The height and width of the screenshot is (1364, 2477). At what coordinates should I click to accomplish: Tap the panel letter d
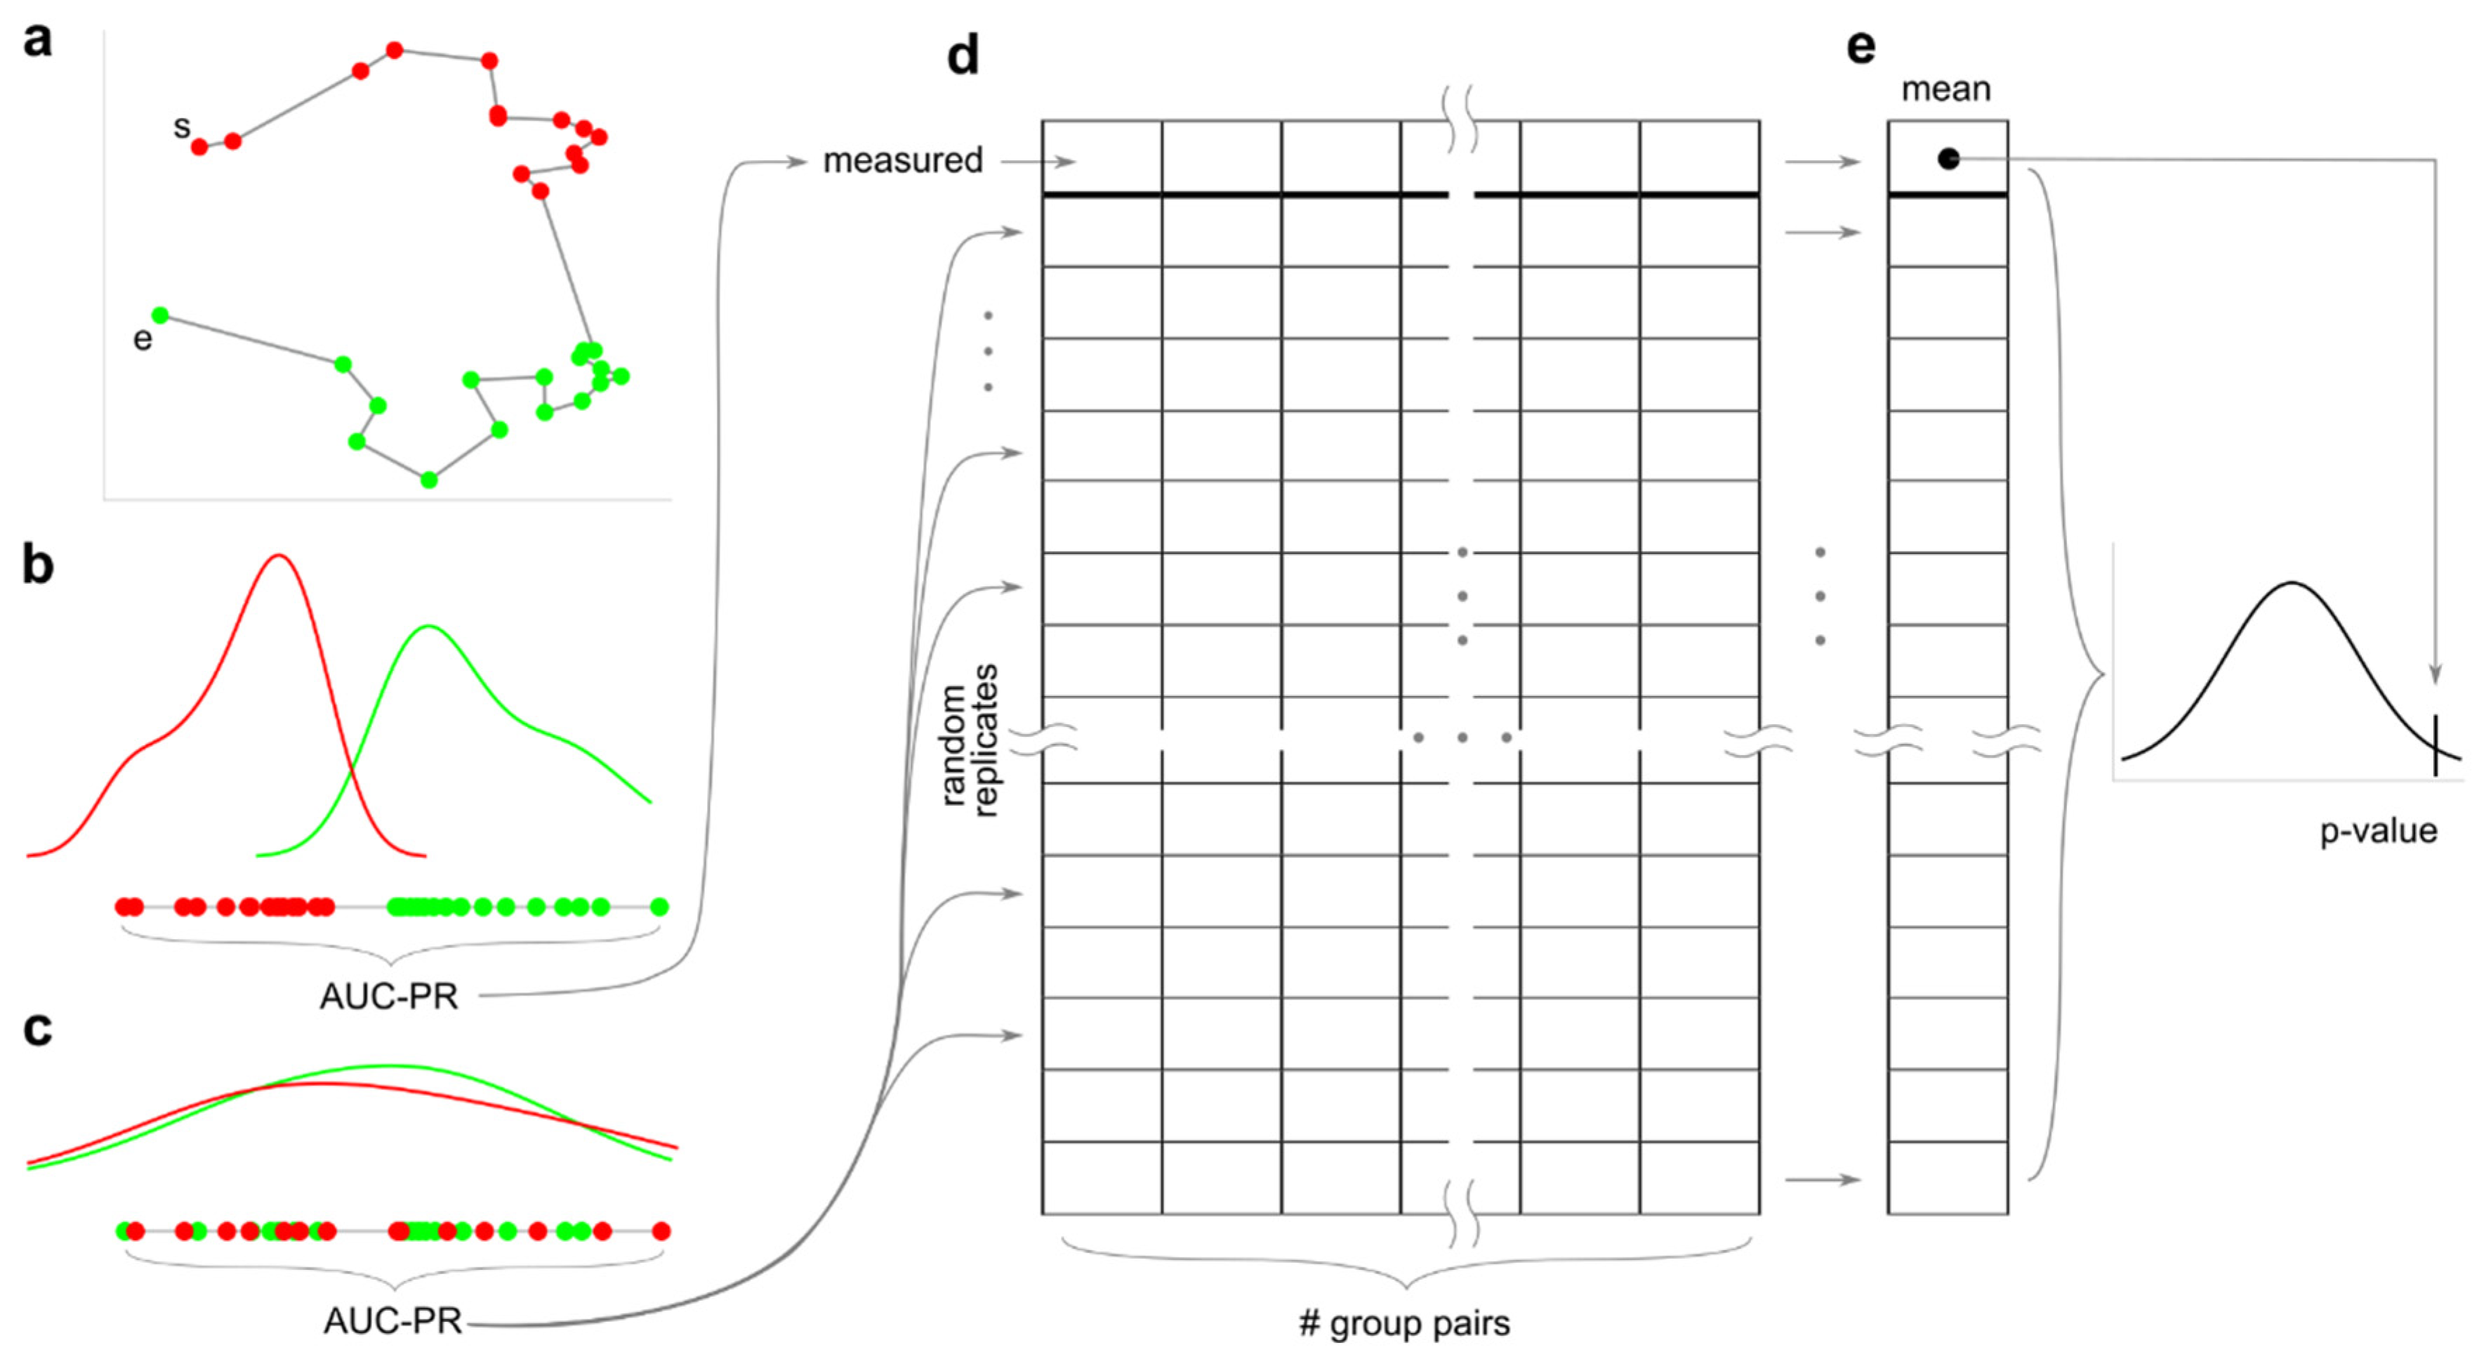(x=963, y=55)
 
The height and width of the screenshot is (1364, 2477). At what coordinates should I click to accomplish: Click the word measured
(x=902, y=161)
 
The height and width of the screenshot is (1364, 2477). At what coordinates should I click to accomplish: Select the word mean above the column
(x=1946, y=89)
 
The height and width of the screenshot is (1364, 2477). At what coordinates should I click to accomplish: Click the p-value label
(x=2378, y=831)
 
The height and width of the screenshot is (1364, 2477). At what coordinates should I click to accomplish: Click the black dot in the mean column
(x=1948, y=159)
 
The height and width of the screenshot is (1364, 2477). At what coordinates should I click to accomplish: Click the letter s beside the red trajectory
(x=180, y=126)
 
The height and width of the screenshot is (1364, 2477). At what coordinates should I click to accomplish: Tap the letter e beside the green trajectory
(x=143, y=339)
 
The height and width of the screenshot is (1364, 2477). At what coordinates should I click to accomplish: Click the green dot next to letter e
(x=161, y=315)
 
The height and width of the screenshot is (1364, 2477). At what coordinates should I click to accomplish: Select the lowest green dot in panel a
(x=430, y=480)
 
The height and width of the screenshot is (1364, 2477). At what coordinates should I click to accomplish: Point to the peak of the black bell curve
(x=2292, y=583)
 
